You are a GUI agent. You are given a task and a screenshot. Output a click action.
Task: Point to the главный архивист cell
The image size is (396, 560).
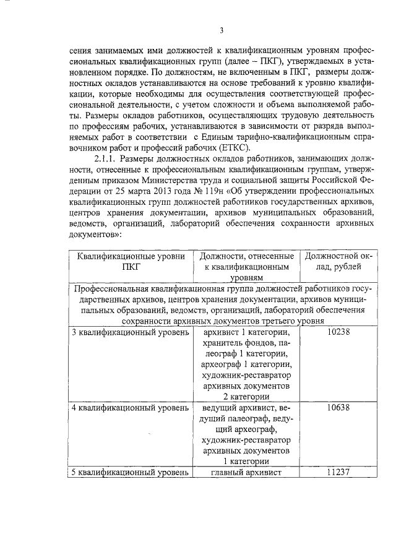click(x=246, y=473)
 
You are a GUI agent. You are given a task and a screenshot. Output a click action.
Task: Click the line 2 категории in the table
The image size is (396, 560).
click(x=246, y=397)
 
